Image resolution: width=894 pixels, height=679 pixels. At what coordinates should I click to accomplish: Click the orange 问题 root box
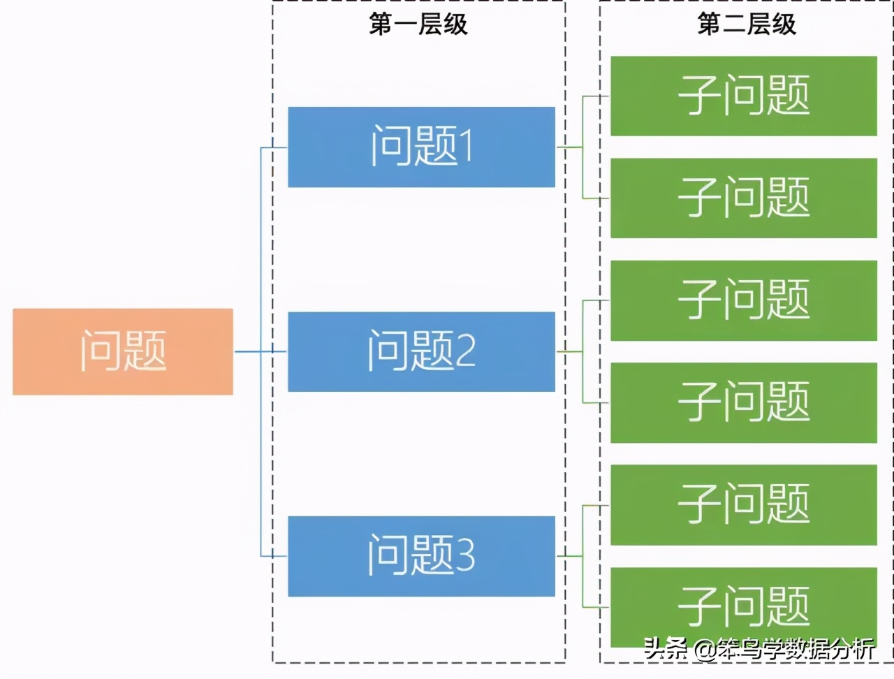(x=123, y=351)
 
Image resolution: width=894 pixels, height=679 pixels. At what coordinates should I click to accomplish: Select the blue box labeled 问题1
(x=421, y=147)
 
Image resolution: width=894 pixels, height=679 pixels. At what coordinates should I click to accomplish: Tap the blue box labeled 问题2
(x=421, y=351)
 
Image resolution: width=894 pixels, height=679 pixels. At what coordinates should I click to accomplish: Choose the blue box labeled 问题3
(x=421, y=556)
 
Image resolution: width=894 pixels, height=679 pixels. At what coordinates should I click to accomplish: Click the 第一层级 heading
(x=418, y=24)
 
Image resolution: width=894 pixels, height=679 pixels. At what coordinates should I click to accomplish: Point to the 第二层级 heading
(x=747, y=24)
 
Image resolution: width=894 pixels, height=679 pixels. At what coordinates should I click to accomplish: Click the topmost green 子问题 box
(x=744, y=96)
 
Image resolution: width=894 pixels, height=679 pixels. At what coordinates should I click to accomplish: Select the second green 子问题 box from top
(x=744, y=198)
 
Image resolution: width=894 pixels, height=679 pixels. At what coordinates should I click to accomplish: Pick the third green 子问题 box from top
(x=744, y=300)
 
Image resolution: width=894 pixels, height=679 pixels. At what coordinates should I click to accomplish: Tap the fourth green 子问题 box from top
(x=744, y=402)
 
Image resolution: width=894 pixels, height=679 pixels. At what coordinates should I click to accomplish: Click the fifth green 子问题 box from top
(x=744, y=504)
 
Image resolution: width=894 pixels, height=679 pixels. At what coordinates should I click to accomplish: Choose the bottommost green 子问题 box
(x=744, y=605)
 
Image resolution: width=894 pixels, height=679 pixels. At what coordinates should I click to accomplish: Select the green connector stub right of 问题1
(x=569, y=147)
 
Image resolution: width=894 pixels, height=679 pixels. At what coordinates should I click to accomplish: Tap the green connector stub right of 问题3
(x=569, y=556)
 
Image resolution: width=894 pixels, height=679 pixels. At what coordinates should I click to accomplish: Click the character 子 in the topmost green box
(x=698, y=96)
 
